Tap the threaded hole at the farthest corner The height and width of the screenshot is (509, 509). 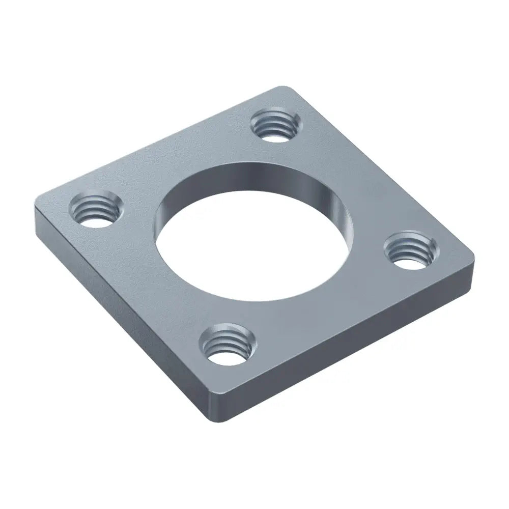tap(273, 125)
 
